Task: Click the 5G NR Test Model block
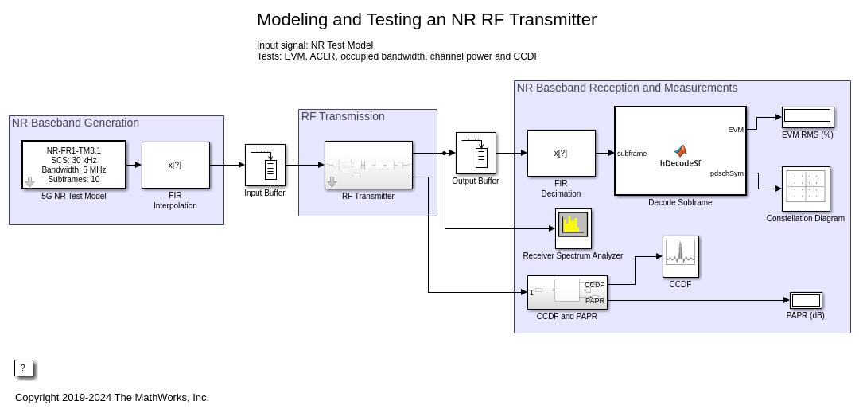coord(74,165)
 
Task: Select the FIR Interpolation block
coord(175,165)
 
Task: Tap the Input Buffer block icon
coord(265,165)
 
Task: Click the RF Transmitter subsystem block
coord(368,165)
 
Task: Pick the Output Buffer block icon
coord(476,153)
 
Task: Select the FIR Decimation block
coord(561,153)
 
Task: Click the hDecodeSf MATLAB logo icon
coord(680,150)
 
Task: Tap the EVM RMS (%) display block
coord(807,116)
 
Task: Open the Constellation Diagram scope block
coord(806,189)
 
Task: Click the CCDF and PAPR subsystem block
coord(567,292)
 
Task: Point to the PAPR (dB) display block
coord(806,300)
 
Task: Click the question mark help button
coord(23,368)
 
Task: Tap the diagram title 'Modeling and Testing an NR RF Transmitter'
coord(426,20)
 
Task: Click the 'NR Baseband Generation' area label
coord(75,123)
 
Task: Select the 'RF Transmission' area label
coord(343,116)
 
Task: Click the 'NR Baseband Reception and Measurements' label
coord(627,88)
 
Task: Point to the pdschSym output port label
coord(726,173)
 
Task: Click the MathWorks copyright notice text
coord(112,397)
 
